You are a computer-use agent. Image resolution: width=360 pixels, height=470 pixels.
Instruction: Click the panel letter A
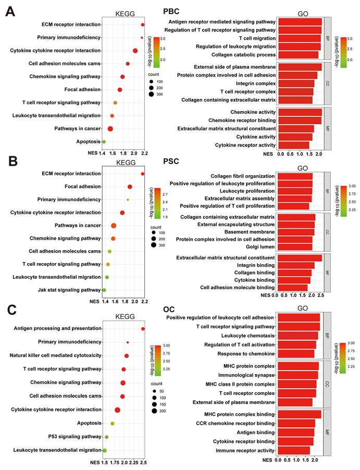coord(10,11)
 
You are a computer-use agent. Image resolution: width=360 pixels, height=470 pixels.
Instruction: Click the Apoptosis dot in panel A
coord(104,141)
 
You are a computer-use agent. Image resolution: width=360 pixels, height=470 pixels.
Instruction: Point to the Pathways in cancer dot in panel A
coord(110,129)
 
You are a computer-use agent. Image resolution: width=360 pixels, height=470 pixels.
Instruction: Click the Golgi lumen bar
coord(294,246)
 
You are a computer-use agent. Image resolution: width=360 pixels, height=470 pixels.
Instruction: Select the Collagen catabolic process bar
coord(297,55)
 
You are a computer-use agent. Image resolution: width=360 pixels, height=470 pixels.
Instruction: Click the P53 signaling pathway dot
coord(107,437)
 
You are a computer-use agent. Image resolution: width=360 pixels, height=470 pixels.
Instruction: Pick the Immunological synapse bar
coord(297,375)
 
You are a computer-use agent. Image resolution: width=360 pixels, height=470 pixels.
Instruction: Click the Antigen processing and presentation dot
coord(143,329)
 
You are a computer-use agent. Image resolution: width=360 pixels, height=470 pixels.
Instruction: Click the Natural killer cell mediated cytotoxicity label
coord(55,355)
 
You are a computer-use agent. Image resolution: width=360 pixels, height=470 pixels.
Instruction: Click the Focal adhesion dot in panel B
coord(130,187)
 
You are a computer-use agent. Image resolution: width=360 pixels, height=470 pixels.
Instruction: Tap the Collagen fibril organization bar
coord(295,176)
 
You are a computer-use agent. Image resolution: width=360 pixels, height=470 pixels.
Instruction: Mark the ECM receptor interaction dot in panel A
coord(142,24)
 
